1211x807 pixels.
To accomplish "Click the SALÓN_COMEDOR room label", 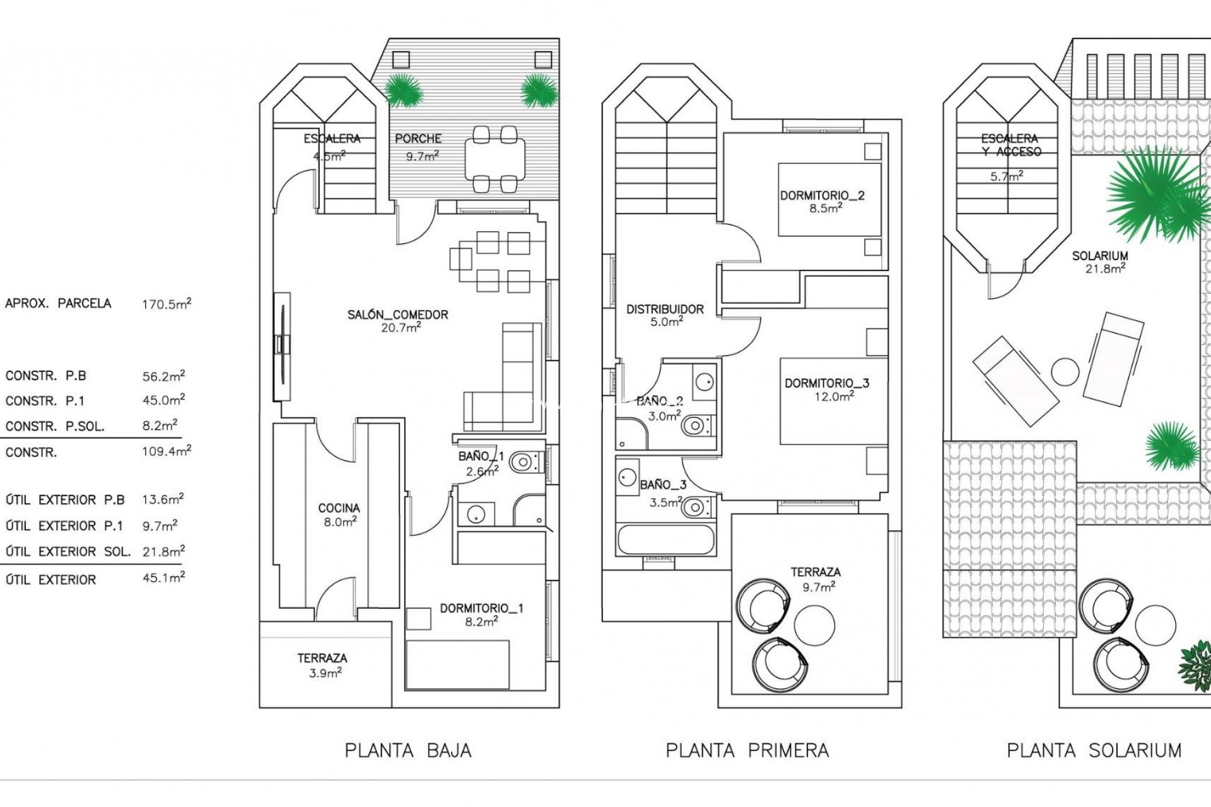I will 398,315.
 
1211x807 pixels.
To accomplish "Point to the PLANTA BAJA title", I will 408,751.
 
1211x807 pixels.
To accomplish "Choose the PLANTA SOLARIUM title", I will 1094,751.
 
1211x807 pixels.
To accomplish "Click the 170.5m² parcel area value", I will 166,304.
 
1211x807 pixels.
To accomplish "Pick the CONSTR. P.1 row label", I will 45,401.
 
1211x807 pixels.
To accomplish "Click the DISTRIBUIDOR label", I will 665,310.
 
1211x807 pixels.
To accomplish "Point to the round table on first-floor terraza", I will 814,625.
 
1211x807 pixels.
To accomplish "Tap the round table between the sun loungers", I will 1065,372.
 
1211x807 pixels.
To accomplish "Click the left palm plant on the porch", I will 402,90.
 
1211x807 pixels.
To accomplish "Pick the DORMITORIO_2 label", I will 822,195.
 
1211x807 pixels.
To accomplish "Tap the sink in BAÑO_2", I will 705,381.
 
